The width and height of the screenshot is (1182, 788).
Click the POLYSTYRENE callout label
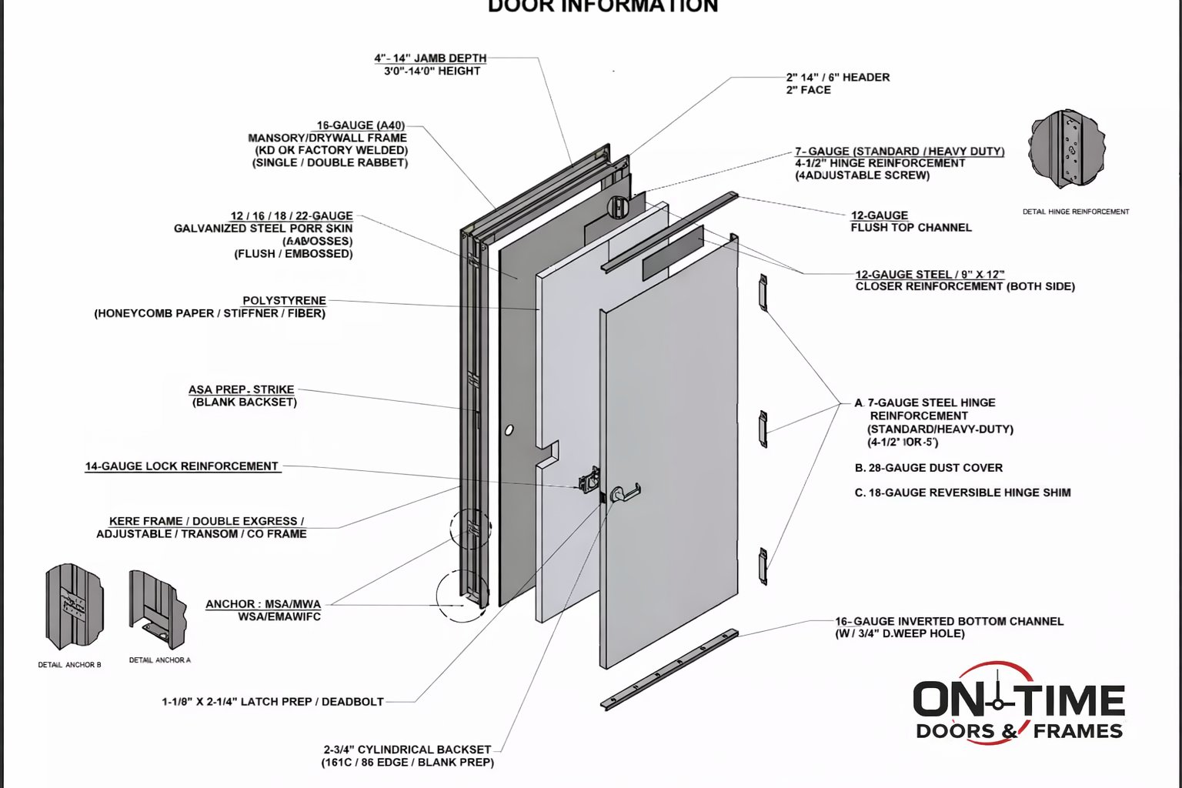tap(284, 301)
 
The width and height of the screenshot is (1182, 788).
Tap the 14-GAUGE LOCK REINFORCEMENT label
tap(182, 466)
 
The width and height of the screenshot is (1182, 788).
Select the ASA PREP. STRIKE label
tap(241, 390)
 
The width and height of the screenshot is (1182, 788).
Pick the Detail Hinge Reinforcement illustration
tap(1067, 150)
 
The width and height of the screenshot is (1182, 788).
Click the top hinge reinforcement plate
tap(763, 292)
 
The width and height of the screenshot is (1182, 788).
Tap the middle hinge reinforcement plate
tap(763, 429)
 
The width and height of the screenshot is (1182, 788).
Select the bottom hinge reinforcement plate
tap(763, 566)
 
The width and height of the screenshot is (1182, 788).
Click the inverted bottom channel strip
tap(669, 669)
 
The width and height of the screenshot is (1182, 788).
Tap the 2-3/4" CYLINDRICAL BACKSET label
tap(407, 750)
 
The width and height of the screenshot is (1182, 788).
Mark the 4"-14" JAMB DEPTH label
tap(430, 58)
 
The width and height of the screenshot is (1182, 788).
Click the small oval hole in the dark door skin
tap(509, 430)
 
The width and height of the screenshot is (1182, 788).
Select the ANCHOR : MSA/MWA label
tap(263, 604)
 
